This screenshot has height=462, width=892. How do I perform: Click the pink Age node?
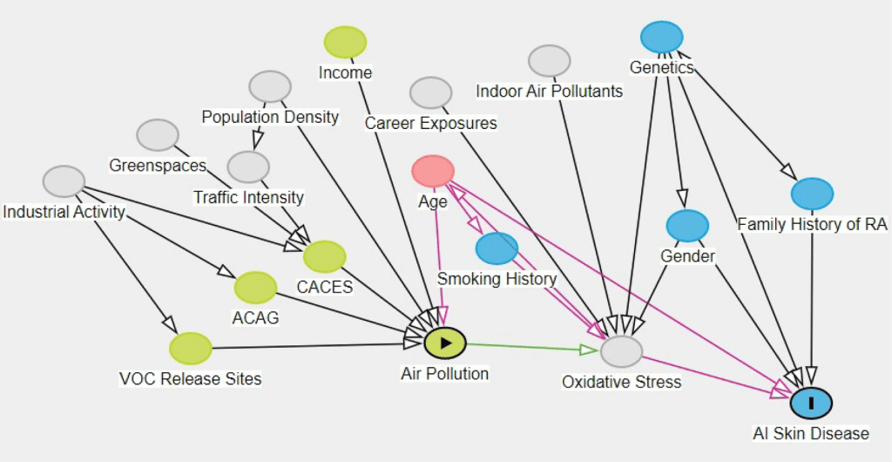(x=433, y=171)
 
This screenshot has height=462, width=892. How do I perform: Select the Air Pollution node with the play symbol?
(x=445, y=343)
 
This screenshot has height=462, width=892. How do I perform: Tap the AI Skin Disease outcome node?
(x=811, y=402)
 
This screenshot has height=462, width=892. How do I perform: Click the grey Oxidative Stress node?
(x=621, y=351)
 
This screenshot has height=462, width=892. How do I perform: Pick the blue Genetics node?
(x=661, y=37)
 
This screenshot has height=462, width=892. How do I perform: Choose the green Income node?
(x=345, y=42)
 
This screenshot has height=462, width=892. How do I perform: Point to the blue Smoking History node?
(x=497, y=248)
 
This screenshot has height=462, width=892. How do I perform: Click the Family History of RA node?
(x=812, y=193)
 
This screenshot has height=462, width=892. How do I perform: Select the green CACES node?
(x=325, y=256)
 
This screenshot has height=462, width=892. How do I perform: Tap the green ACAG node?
(x=255, y=287)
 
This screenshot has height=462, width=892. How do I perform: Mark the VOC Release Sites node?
(x=191, y=348)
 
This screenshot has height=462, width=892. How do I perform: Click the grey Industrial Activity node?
(x=64, y=180)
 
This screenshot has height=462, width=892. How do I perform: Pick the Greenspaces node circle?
(x=158, y=134)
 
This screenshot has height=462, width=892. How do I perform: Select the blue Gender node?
(x=687, y=225)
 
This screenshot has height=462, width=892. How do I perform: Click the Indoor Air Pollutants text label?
(x=549, y=91)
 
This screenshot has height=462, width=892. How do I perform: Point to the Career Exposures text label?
(x=430, y=123)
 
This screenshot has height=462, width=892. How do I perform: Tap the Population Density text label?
(x=270, y=117)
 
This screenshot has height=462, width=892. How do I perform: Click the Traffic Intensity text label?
(x=248, y=198)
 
